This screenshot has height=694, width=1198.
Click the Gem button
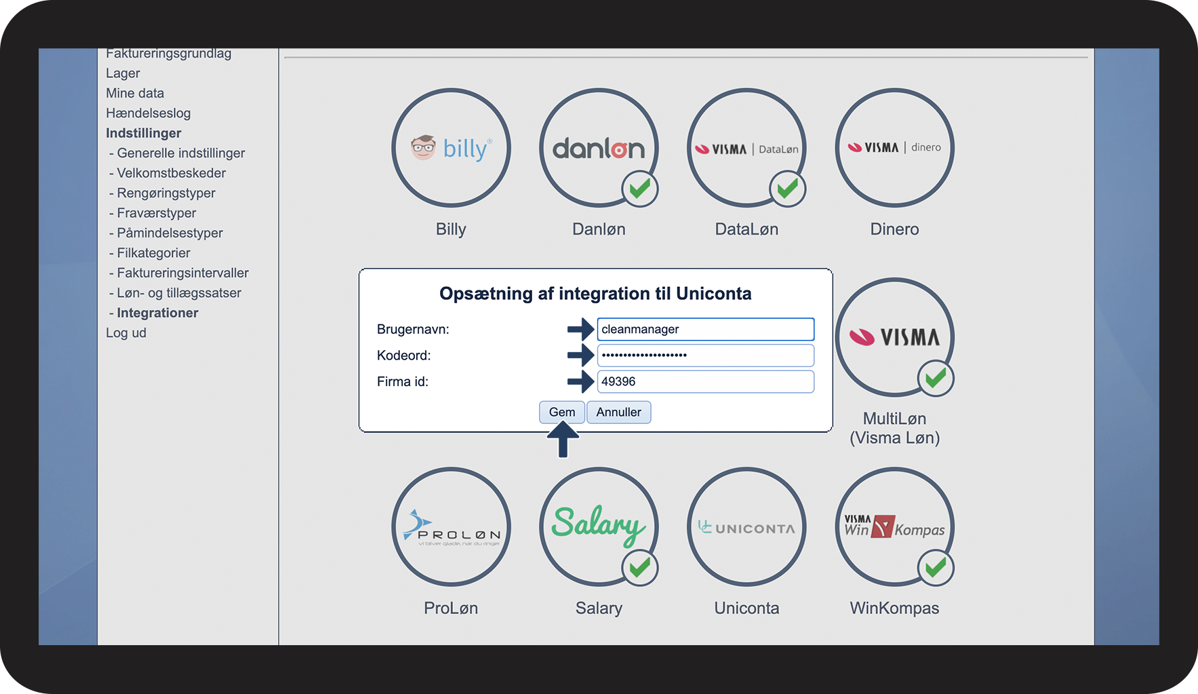[561, 412]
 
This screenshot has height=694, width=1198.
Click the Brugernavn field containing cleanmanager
[705, 329]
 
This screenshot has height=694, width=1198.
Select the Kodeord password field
[705, 355]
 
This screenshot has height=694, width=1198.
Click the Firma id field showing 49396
[705, 381]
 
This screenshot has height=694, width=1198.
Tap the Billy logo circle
[451, 148]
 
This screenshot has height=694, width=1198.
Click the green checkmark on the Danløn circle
[640, 189]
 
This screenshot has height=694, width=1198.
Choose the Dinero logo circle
[894, 148]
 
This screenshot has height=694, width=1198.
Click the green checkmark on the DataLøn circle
[788, 189]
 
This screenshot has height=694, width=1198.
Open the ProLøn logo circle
[451, 526]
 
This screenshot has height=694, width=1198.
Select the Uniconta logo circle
[746, 526]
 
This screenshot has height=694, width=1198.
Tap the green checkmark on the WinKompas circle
[936, 567]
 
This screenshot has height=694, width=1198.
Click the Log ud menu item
[126, 333]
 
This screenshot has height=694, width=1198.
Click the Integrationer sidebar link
[157, 313]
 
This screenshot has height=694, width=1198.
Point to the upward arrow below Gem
[563, 440]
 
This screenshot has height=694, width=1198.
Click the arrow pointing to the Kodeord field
[580, 355]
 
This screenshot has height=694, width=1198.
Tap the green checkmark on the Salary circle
[640, 567]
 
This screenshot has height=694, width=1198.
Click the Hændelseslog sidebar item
[148, 113]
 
